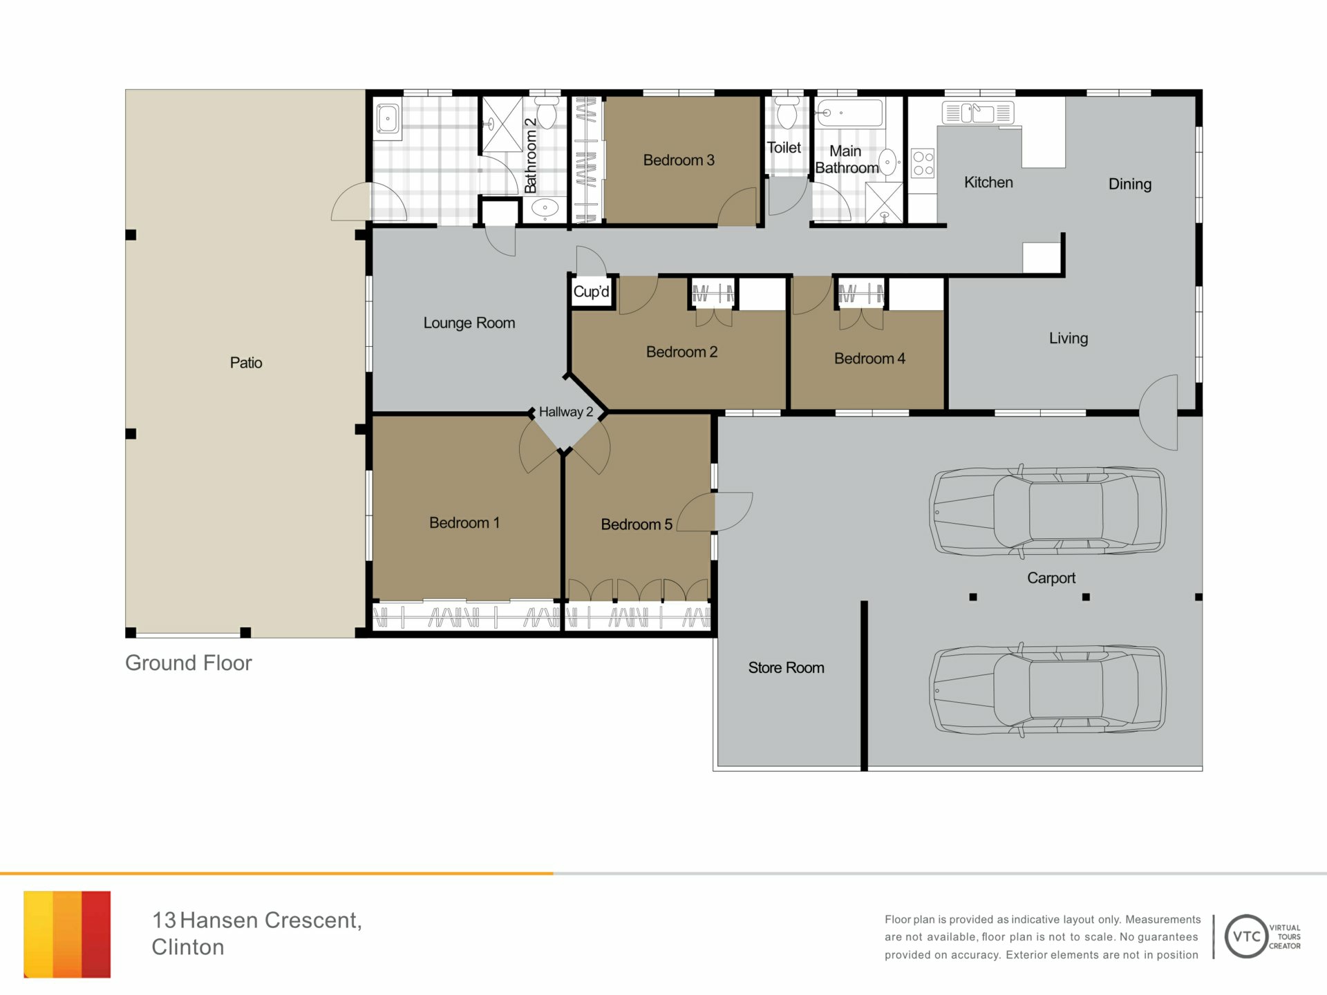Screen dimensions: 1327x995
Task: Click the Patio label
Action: point(246,363)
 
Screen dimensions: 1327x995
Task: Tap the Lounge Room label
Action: point(469,323)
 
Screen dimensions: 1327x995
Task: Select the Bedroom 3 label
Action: point(679,160)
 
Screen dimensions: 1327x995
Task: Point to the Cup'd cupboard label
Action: point(592,292)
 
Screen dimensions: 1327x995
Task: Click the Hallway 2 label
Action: point(566,412)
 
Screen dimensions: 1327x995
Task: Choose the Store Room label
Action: point(786,667)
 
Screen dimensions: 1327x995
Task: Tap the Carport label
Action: point(1051,578)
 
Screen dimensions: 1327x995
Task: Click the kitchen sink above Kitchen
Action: point(978,112)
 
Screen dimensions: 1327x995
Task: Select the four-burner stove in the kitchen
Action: point(923,163)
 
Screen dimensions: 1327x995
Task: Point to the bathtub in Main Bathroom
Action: point(849,113)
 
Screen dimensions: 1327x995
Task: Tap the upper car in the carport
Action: point(1047,511)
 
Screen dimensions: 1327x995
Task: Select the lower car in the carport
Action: point(1047,690)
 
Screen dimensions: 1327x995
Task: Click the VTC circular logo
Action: point(1246,936)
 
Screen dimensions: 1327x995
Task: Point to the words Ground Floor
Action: point(188,663)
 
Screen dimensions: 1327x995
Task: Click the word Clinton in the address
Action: point(188,947)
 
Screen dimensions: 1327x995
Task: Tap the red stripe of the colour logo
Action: point(96,934)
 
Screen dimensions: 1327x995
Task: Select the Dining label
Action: point(1130,184)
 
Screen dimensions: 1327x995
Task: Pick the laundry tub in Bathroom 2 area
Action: point(388,119)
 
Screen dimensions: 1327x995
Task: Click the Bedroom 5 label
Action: point(637,524)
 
